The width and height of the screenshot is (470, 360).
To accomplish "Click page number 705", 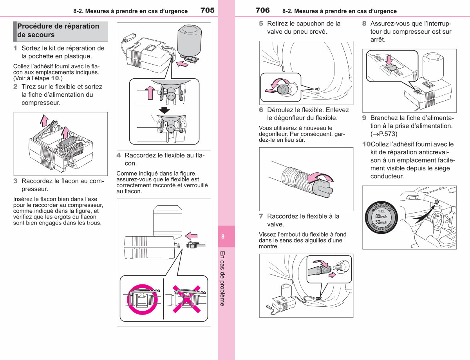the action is point(207,10).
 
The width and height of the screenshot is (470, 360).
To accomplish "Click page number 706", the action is point(262,10).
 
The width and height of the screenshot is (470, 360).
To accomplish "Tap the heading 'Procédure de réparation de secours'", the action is point(58,31).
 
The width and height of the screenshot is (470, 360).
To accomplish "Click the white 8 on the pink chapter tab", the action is point(223,236).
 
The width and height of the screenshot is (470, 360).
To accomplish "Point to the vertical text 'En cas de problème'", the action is point(222,279).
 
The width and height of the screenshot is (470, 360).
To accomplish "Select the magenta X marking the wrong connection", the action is point(187,299).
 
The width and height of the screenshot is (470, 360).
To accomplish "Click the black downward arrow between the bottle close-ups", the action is point(164,110).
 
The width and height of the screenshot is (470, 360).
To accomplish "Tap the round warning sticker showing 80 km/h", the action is point(381,218).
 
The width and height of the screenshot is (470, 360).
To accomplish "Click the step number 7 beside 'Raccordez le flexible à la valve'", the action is point(261,216).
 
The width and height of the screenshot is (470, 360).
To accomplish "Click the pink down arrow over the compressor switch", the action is point(389,60).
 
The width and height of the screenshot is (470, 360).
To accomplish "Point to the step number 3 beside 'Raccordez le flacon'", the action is point(15,181).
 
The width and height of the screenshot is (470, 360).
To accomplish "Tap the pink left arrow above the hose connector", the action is point(192,236).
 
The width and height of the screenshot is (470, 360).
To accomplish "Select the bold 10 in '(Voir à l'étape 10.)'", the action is point(55,78).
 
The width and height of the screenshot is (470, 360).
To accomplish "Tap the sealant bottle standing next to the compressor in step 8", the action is point(433,67).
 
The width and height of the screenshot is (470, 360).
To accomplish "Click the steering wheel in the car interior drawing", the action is point(436,221).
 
